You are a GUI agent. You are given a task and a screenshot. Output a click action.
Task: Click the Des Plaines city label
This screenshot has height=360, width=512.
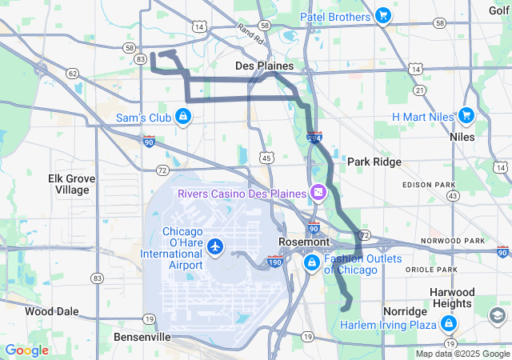coord(264,66)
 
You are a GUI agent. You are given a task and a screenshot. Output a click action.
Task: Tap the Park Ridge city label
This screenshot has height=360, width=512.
coord(374,162)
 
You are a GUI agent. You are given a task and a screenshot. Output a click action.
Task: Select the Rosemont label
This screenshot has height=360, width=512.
coord(304,242)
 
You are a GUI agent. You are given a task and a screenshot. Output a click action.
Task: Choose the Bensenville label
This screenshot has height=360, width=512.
coord(142,338)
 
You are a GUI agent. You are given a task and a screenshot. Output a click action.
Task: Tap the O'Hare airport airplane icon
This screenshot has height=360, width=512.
coord(214,246)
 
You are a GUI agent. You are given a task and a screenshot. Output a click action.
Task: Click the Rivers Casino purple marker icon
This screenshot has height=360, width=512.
coord(318,193)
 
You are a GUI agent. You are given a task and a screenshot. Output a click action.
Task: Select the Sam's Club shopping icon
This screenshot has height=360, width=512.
coord(183,118)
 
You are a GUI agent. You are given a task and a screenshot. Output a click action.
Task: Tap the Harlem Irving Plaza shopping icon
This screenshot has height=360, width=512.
coord(448,324)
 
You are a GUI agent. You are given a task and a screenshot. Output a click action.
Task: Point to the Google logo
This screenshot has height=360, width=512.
coord(26,350)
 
